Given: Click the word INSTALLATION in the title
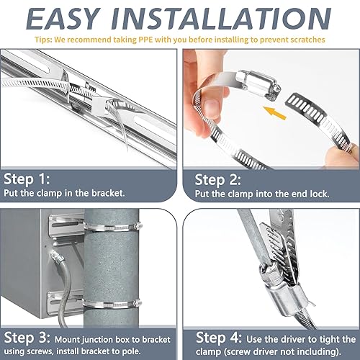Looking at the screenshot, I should click(230, 17).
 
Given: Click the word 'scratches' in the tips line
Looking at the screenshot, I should click(306, 39).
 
